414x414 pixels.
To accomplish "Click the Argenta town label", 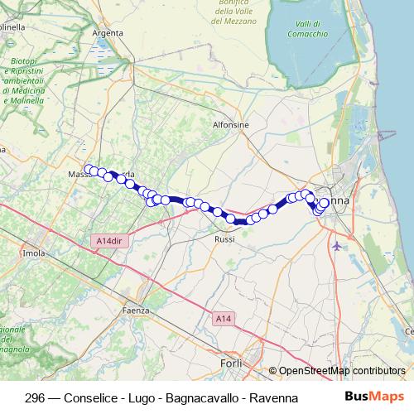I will point(108,33).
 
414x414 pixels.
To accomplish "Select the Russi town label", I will point(224,239).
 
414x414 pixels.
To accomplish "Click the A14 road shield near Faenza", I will point(222,318).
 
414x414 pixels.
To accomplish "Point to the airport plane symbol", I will point(335,246).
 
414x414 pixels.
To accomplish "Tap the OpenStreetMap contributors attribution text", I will point(342,372).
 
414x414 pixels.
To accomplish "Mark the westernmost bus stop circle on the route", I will point(89,169).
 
